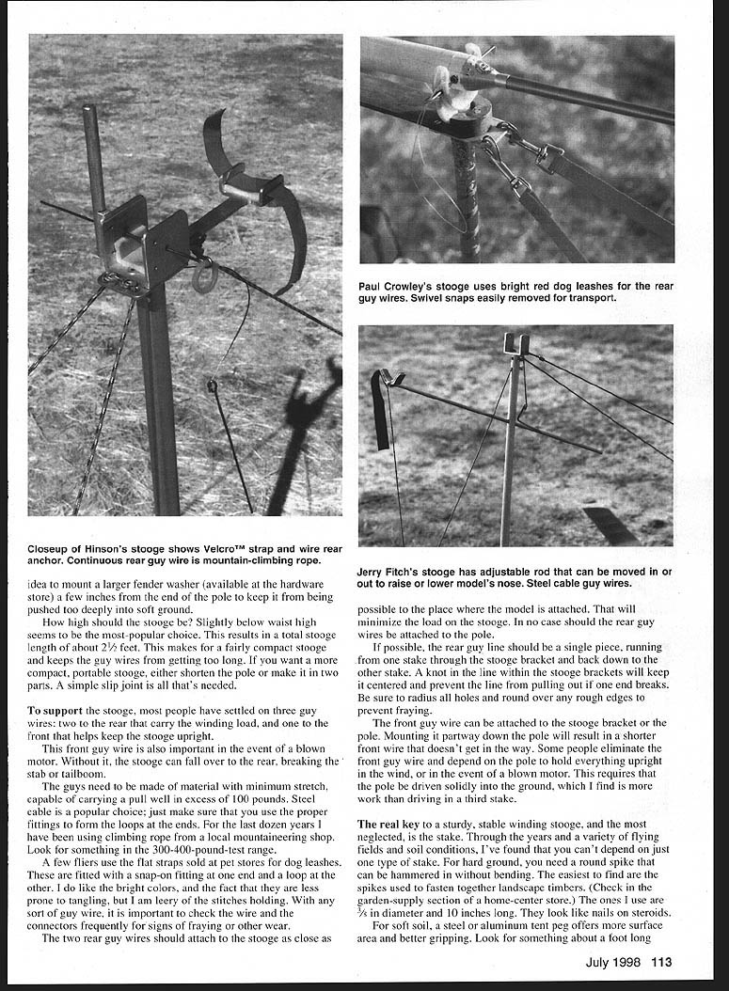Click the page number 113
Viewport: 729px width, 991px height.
[660, 961]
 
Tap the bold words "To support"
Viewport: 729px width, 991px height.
[53, 708]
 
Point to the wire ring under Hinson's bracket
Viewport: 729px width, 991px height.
[204, 275]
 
